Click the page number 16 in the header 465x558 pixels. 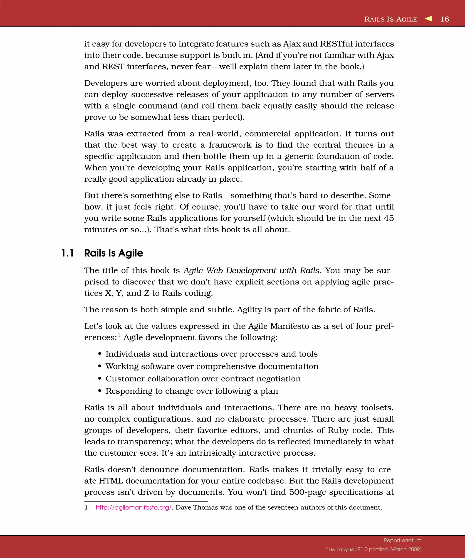[x=445, y=19]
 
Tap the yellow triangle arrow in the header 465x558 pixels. [x=428, y=19]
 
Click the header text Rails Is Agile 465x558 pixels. [x=391, y=19]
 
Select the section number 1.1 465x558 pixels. [x=67, y=253]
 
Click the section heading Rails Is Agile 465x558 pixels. [x=114, y=253]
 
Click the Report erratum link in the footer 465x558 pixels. [x=402, y=540]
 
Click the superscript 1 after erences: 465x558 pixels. [x=119, y=335]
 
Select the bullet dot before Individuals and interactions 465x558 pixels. [x=100, y=354]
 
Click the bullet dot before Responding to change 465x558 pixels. [x=100, y=391]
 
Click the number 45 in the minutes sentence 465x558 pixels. [x=389, y=218]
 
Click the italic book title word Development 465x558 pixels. [x=251, y=271]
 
